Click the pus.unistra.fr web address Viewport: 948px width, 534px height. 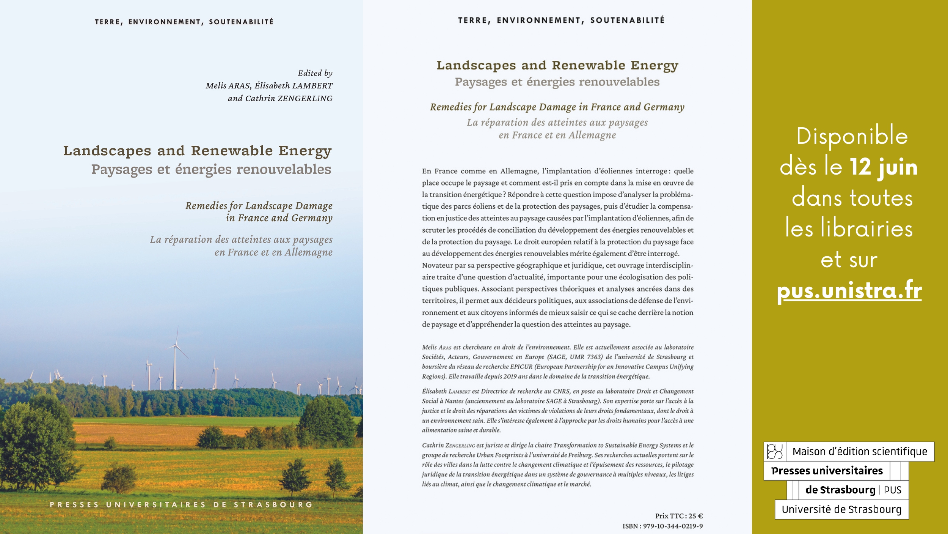[x=849, y=291]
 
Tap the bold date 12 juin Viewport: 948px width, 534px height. [x=883, y=167]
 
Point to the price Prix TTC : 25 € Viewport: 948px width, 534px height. [x=679, y=516]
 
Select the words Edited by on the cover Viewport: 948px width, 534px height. [x=315, y=73]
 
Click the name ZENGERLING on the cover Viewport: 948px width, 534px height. [x=305, y=99]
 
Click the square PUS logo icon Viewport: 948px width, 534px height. [x=775, y=452]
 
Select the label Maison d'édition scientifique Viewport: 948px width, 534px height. [x=860, y=452]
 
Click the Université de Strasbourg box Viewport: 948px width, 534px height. [x=841, y=509]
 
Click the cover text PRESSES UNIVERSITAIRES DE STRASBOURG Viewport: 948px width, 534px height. [x=181, y=505]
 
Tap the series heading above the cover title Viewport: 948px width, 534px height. [x=184, y=22]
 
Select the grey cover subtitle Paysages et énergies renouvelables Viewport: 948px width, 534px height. [x=211, y=169]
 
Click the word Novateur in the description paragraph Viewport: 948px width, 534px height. [x=437, y=265]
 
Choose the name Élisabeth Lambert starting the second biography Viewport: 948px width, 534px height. [x=446, y=391]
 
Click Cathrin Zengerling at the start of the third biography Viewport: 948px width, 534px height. [x=448, y=445]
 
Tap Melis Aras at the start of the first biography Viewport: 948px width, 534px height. [x=436, y=347]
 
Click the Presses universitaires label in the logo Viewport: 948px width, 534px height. [x=827, y=471]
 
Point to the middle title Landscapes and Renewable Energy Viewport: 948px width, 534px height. [x=557, y=65]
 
